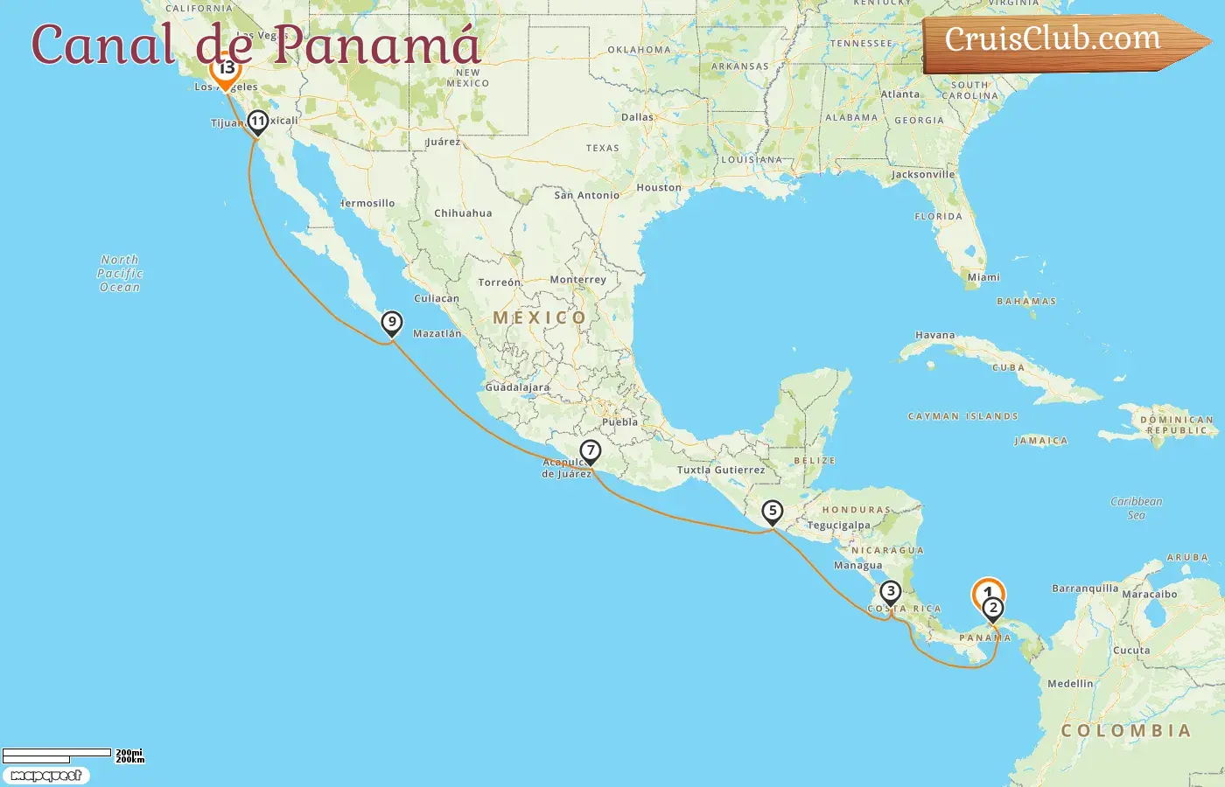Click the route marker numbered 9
coord(391,323)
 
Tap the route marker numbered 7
coord(591,451)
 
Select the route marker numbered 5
coord(772,511)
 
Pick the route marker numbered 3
coord(890,592)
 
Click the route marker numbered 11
coord(257,122)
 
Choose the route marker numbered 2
coord(992,609)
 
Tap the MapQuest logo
coord(46,776)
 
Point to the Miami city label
coord(983,277)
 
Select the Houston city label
coord(658,188)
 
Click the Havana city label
coord(934,335)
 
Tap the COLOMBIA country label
coord(1125,731)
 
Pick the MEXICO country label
coord(539,318)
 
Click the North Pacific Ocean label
coord(120,274)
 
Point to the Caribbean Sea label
coord(1136,508)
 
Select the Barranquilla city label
coord(1084,589)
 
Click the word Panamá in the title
coord(376,45)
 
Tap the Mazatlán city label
coord(437,333)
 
